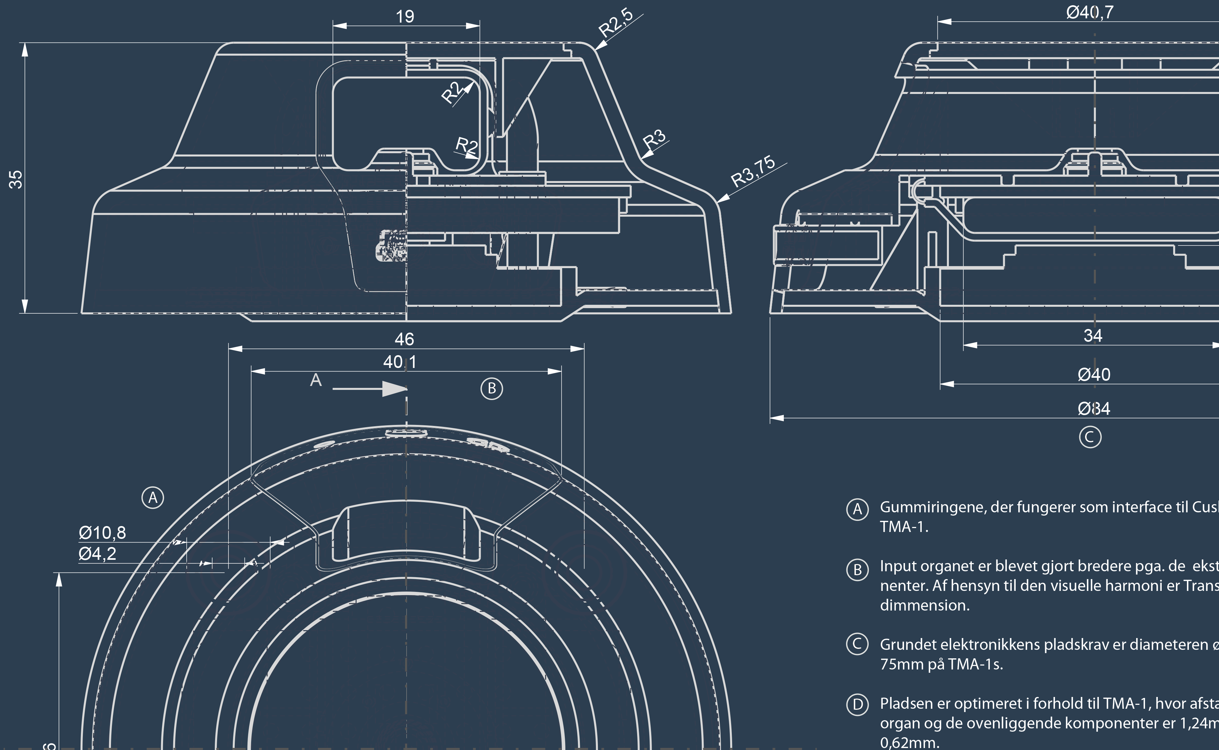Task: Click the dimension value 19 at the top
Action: (x=405, y=16)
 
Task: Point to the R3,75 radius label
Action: (x=753, y=171)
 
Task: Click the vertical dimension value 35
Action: (x=16, y=179)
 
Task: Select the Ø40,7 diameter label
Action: (x=1090, y=12)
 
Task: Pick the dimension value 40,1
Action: (x=400, y=362)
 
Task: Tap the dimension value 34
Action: (x=1093, y=336)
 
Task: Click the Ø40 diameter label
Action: (x=1094, y=375)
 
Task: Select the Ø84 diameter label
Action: (x=1094, y=409)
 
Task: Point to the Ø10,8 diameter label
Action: (x=102, y=533)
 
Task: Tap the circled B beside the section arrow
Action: (x=492, y=388)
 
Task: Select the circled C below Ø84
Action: (x=1090, y=437)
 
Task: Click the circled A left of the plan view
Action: (x=153, y=498)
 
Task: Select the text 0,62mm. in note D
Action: (x=909, y=742)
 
